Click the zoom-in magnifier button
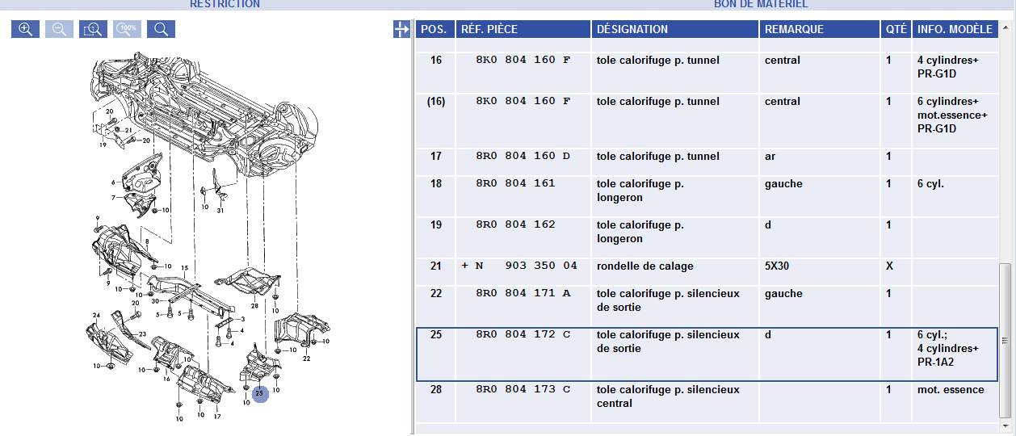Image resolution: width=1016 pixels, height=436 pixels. [x=25, y=29]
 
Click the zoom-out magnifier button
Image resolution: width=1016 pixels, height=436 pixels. [x=60, y=29]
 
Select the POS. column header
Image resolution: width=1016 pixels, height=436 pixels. [x=434, y=29]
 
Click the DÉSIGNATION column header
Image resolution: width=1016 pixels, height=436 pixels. [x=632, y=29]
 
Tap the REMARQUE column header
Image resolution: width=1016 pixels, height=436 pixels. [x=794, y=29]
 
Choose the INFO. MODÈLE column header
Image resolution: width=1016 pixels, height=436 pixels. [x=955, y=29]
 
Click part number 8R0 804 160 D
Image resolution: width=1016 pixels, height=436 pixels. [x=523, y=156]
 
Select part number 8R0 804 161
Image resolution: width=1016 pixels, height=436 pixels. [x=515, y=183]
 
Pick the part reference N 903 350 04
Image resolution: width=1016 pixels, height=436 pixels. [x=526, y=266]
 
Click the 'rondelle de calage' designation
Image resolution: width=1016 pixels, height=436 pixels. [x=645, y=266]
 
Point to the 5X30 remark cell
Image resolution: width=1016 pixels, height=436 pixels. [x=776, y=266]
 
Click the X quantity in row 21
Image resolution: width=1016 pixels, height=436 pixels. [x=889, y=266]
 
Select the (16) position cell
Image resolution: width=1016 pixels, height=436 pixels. [x=436, y=102]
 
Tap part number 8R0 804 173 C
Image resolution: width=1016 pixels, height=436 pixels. [x=523, y=389]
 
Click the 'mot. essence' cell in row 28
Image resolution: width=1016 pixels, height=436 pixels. [x=951, y=390]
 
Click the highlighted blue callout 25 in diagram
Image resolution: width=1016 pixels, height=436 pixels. [x=260, y=393]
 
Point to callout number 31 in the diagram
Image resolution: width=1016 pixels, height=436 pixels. [x=220, y=211]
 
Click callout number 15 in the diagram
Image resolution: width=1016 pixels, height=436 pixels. [x=185, y=268]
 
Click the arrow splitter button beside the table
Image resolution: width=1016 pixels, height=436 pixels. [x=401, y=29]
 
